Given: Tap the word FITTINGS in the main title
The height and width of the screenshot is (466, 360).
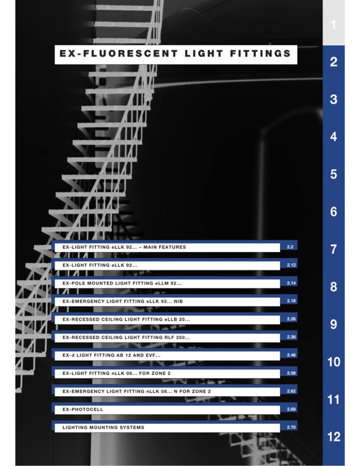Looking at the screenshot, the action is point(260,53).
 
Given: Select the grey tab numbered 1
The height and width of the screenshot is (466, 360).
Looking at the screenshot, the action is point(334,23).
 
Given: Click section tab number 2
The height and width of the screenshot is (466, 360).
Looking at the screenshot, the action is point(334,62).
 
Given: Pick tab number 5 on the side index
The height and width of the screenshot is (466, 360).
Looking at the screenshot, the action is point(334,174).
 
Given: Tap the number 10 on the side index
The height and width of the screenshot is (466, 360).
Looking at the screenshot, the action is point(334,361).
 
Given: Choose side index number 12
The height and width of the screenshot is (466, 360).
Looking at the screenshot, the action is point(334,436).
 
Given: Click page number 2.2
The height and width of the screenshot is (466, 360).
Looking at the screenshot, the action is point(290,247).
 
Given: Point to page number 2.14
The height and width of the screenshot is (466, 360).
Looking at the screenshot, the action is point(292,283).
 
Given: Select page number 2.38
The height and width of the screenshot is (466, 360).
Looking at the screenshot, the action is point(292,337).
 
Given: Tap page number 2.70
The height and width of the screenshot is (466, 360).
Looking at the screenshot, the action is point(292,427).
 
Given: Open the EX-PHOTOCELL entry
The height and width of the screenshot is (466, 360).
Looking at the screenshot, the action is point(82,409).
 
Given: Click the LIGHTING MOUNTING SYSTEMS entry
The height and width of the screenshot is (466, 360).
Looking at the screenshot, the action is point(103,428).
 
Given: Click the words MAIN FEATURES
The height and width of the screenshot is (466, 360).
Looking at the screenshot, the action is point(165,247).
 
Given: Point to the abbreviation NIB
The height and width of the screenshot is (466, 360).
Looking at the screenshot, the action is point(179,301).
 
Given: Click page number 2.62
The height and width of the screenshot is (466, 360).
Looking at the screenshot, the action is point(292,391).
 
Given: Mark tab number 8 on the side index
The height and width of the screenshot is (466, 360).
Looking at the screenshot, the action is point(334,287).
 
